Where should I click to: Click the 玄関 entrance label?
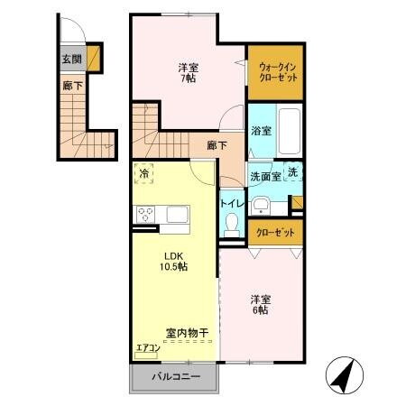coord(71,60)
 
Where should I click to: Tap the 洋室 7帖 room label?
coord(188,72)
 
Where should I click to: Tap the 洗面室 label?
coord(264,176)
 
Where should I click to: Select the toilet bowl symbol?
coord(232,222)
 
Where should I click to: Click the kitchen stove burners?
coord(145,214)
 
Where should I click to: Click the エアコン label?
coord(148,347)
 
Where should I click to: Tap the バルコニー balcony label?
coord(175,376)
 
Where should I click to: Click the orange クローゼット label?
coord(276,232)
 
